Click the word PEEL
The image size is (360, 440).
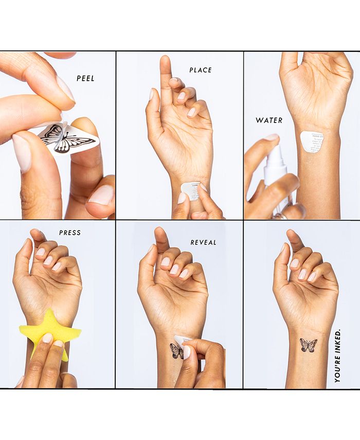click(85, 79)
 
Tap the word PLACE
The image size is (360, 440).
click(201, 70)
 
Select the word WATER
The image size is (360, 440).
click(269, 120)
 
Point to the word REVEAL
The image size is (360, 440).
click(204, 242)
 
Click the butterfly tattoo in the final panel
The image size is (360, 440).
click(308, 345)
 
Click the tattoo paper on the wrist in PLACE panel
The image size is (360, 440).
click(190, 190)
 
